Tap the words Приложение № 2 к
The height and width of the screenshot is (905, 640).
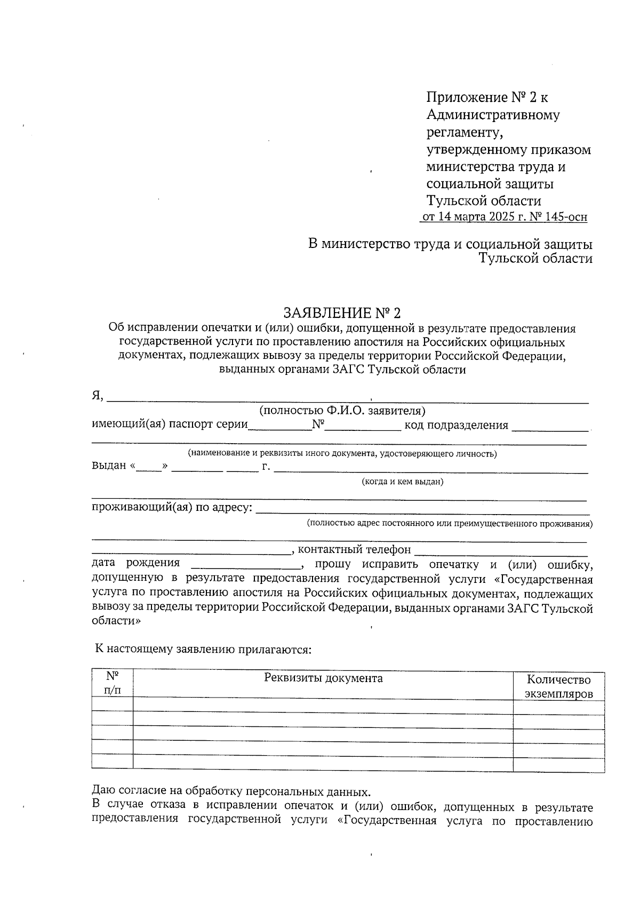[x=487, y=98]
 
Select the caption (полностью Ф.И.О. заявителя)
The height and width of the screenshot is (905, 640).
[x=342, y=411]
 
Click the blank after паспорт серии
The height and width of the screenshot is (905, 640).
[x=280, y=426]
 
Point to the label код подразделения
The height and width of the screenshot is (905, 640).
[x=456, y=425]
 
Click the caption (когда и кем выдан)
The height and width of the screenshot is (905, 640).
[x=403, y=482]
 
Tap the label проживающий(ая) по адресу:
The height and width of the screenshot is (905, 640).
[x=172, y=507]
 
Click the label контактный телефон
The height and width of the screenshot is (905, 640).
[x=354, y=549]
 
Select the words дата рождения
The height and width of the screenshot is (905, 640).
[x=135, y=563]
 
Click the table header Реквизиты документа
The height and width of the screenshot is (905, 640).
[x=323, y=678]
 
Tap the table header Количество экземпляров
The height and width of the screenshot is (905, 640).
[x=558, y=687]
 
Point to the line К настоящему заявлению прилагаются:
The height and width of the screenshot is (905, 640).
[x=203, y=649]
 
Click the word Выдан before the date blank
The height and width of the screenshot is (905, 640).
[x=109, y=465]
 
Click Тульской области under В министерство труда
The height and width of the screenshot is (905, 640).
[x=535, y=259]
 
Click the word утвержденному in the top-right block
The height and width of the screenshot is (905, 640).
[x=471, y=149]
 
